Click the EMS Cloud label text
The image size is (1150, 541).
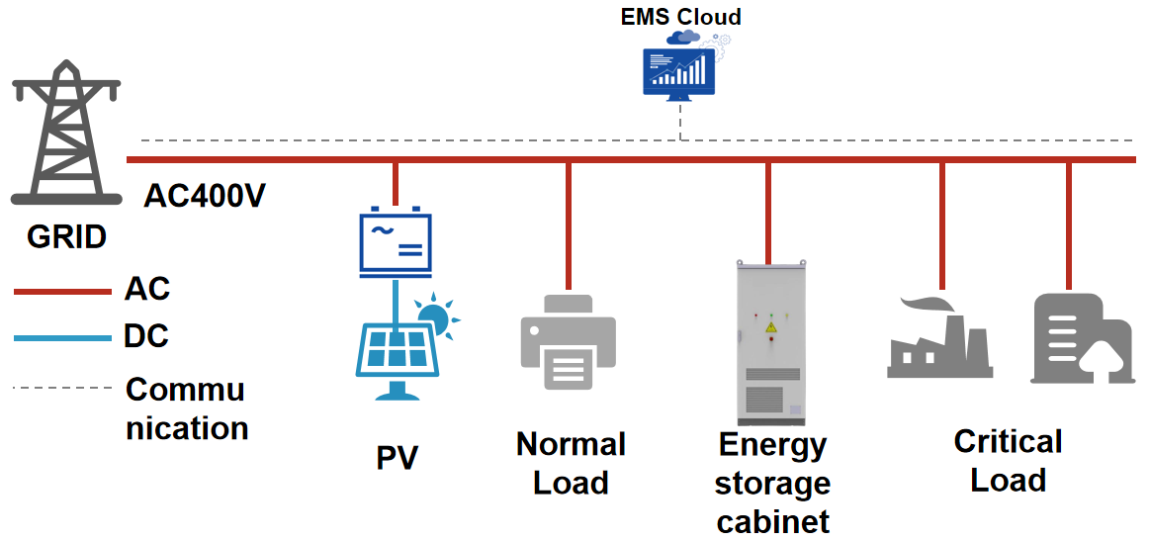click(x=680, y=16)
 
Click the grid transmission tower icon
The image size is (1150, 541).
click(x=65, y=133)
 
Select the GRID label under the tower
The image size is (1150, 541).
click(x=66, y=237)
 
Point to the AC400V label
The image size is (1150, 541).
click(x=204, y=196)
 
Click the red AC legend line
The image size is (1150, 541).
click(x=61, y=292)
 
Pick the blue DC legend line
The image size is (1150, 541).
click(x=61, y=338)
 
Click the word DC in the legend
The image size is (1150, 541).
click(x=146, y=336)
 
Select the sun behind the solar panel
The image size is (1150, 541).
click(x=436, y=318)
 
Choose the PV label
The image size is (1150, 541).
click(x=397, y=459)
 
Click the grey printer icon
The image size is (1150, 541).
click(x=568, y=341)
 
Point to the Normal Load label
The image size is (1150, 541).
click(x=571, y=463)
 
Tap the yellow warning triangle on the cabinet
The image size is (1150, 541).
click(x=771, y=325)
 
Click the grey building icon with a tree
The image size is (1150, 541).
click(x=1081, y=338)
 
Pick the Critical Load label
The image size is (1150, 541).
click(x=1008, y=461)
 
